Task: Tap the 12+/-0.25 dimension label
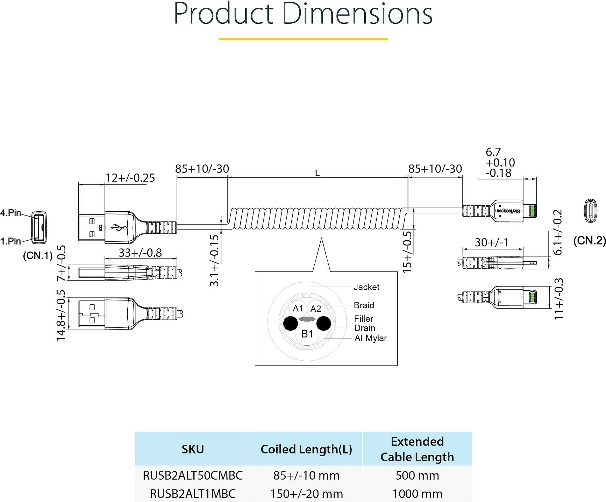tap(130, 178)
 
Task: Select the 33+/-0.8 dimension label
tap(140, 253)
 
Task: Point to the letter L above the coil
tap(317, 173)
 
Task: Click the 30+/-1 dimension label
tap(491, 242)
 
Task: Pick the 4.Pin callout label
tap(10, 213)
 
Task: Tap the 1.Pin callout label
tap(10, 241)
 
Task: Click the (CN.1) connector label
tap(37, 255)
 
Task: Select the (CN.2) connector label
tap(590, 240)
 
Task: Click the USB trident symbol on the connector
tap(119, 227)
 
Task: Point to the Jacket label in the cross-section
tap(366, 287)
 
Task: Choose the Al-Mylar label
tap(371, 338)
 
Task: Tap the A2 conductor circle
tap(315, 309)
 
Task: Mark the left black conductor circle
tap(291, 324)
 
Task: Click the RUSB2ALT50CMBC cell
tap(193, 475)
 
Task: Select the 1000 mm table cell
tap(417, 494)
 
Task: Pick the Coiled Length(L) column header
tap(306, 449)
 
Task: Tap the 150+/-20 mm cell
tap(306, 494)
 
